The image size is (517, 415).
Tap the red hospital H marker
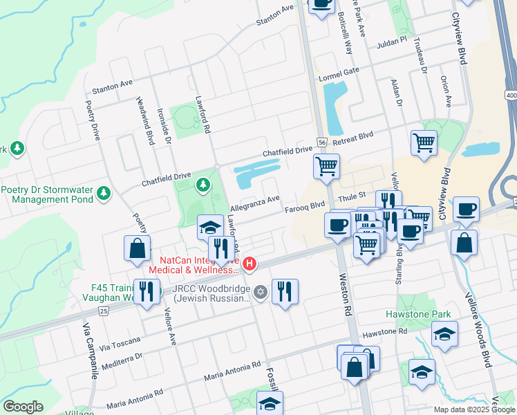(x=250, y=264)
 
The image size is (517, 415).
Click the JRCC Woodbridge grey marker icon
(x=260, y=291)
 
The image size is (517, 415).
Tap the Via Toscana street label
(x=119, y=341)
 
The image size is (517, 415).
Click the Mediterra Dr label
(x=121, y=358)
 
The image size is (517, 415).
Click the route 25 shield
(x=104, y=312)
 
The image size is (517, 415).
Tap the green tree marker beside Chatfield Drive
(x=203, y=184)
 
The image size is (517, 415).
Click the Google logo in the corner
(x=23, y=407)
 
